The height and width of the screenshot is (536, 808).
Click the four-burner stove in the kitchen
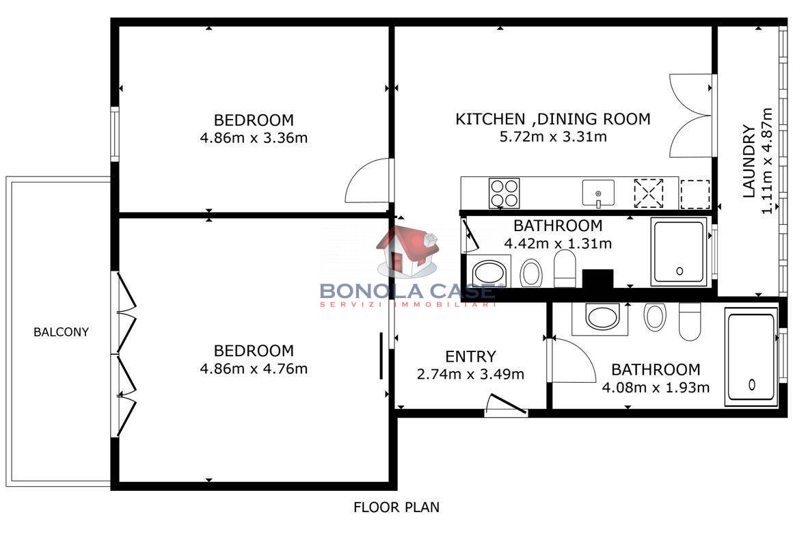504,193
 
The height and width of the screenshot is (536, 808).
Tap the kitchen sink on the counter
597,193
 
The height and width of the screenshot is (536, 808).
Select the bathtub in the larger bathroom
751,356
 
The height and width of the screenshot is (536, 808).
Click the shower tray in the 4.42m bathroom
679,252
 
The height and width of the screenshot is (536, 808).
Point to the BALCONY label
61,332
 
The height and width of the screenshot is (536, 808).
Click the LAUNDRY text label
749,161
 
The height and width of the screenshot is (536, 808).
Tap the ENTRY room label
470,357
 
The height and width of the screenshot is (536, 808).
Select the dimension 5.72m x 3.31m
553,137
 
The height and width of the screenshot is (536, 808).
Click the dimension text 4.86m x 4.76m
254,369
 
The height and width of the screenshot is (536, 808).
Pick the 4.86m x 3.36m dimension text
254,138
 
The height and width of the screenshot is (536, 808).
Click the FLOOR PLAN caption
396,508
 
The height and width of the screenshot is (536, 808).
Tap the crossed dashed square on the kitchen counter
649,193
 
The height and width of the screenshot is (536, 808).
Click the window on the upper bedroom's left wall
114,134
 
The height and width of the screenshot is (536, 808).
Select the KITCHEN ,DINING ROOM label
553,120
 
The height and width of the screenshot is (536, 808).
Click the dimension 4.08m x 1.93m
656,388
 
